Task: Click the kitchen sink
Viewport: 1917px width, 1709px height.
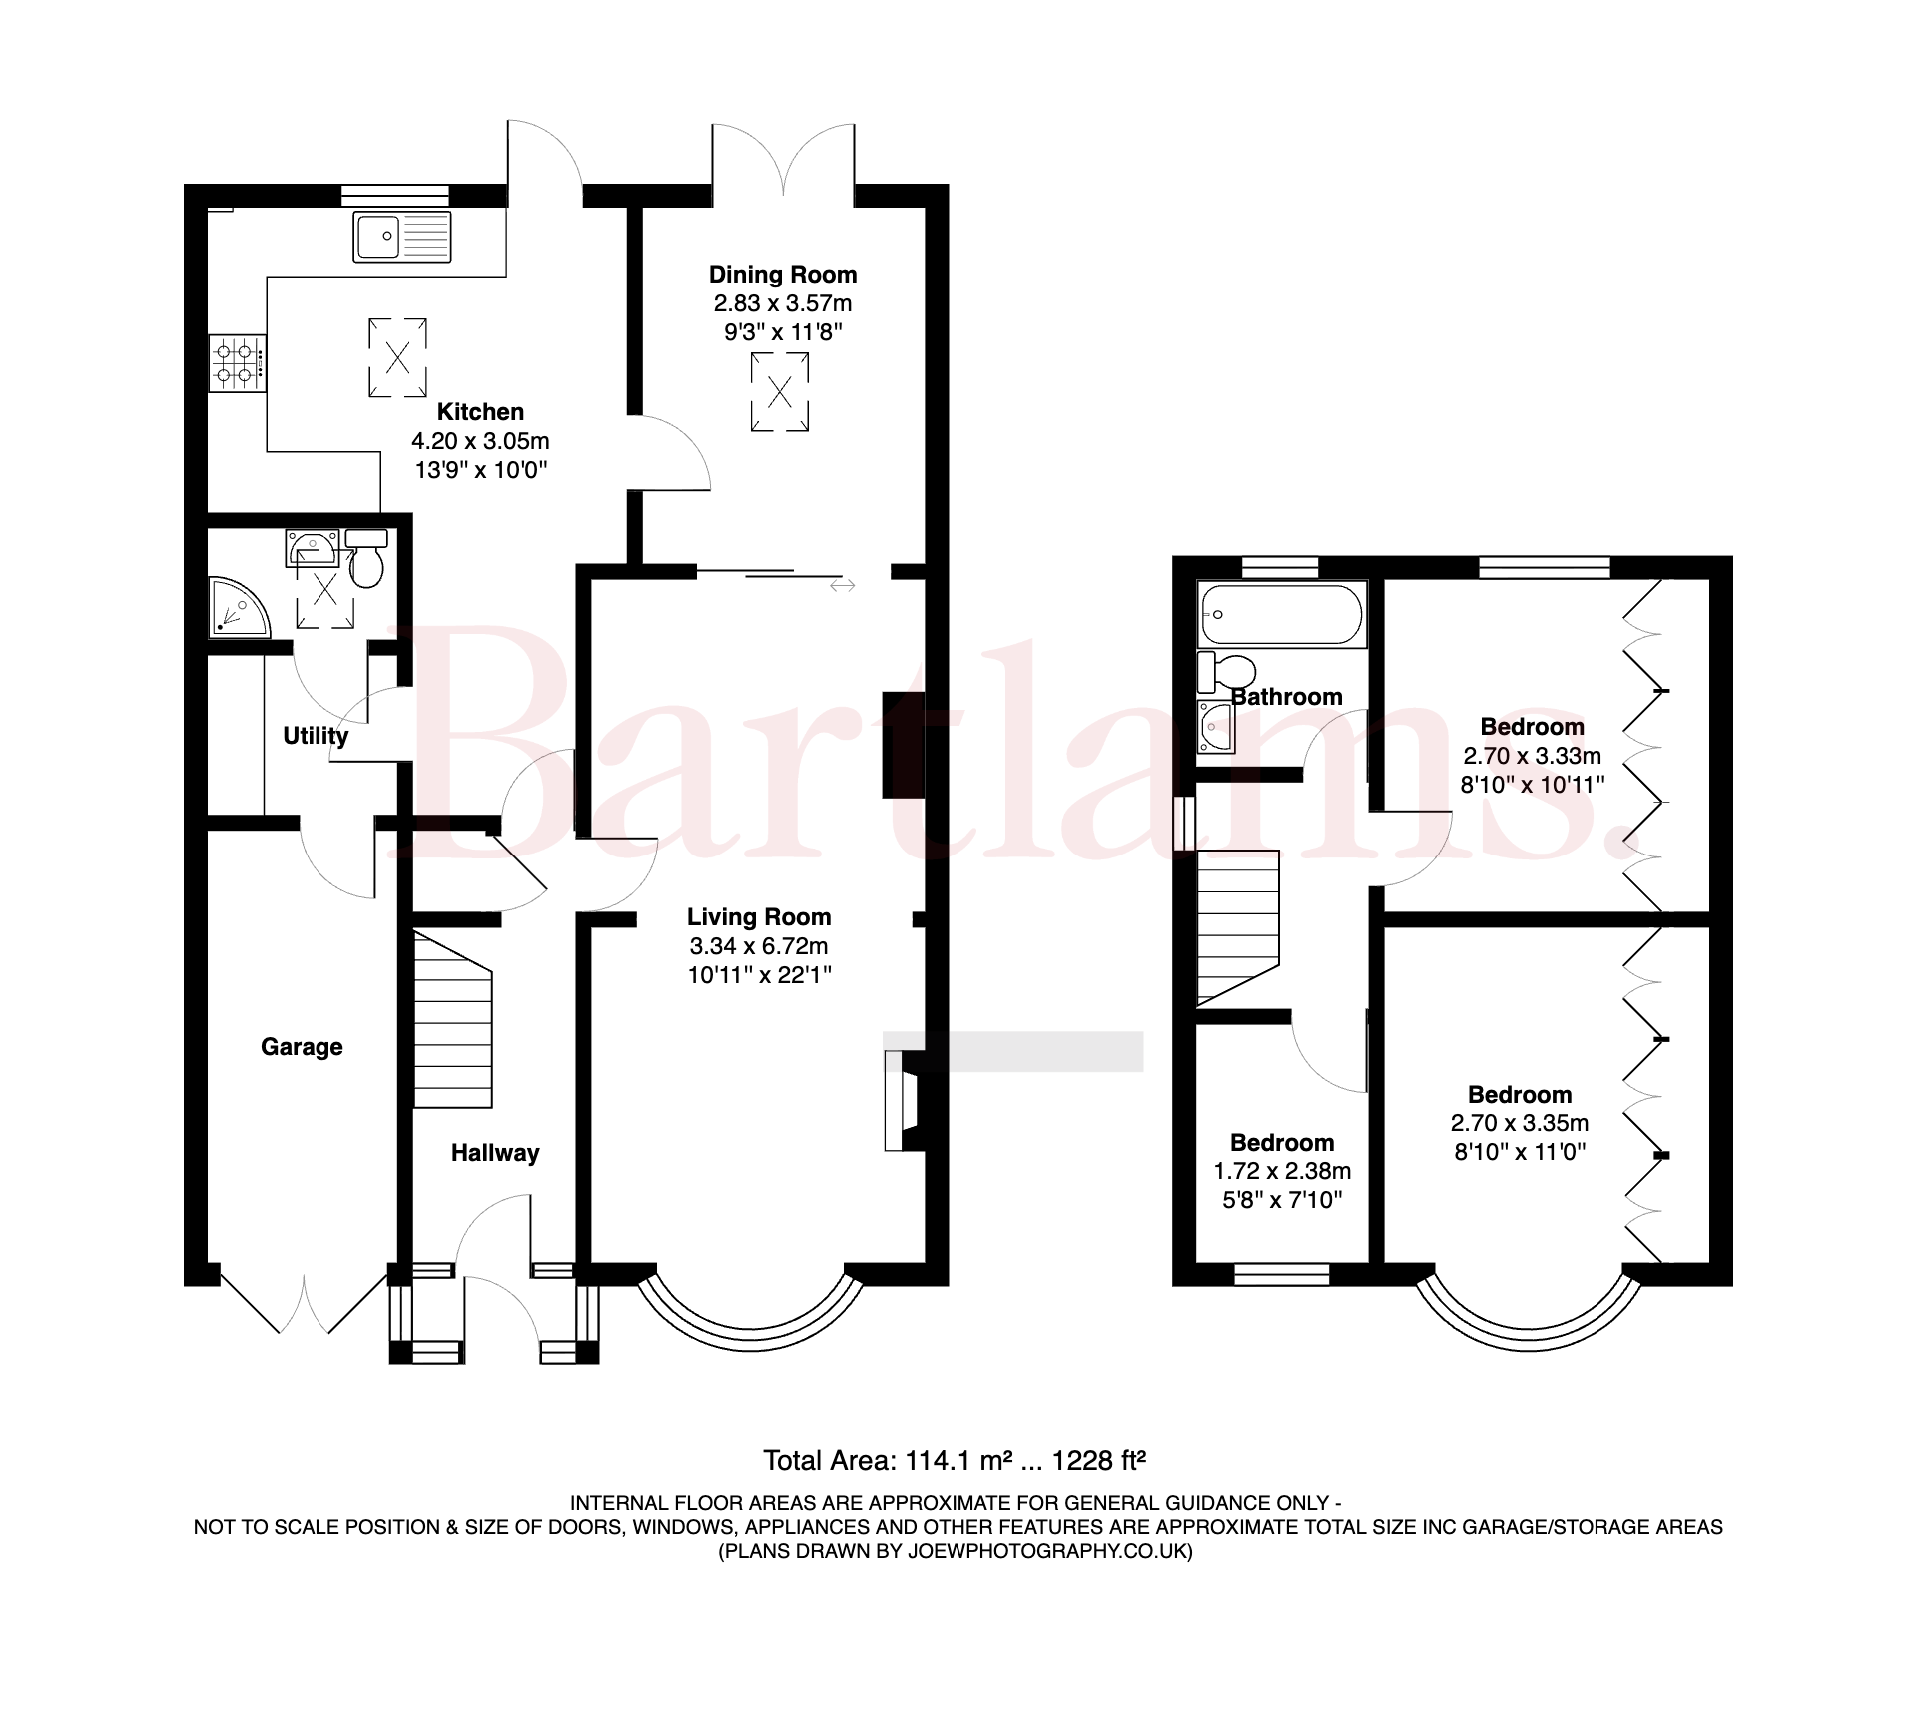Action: pos(402,237)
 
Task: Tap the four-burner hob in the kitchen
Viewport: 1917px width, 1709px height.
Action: pos(238,363)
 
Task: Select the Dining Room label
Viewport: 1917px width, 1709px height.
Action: pos(783,275)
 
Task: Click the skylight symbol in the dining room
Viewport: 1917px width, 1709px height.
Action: pos(780,392)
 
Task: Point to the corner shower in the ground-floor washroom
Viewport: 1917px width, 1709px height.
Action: pos(238,606)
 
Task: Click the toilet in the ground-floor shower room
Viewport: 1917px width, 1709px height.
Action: pos(366,559)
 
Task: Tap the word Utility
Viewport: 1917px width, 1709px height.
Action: pos(316,736)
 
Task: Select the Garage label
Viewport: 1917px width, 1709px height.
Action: pos(302,1047)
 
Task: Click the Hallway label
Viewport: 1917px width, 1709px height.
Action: pos(495,1153)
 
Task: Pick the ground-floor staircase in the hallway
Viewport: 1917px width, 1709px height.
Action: pos(453,1019)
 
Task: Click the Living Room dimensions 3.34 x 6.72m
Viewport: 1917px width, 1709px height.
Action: pos(759,946)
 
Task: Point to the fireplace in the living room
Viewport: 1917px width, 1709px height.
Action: pos(902,1101)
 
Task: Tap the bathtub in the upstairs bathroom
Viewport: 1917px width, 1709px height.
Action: pos(1282,614)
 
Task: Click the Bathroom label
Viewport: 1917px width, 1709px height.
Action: pos(1287,697)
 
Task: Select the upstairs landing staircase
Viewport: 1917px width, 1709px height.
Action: pos(1238,927)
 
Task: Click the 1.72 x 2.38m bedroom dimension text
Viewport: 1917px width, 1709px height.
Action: pos(1282,1171)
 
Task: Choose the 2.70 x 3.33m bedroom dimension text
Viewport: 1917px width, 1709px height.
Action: pos(1533,756)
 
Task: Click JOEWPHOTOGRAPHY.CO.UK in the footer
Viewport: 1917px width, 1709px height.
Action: pos(1046,1551)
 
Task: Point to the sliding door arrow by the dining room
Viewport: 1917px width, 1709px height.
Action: pos(843,586)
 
